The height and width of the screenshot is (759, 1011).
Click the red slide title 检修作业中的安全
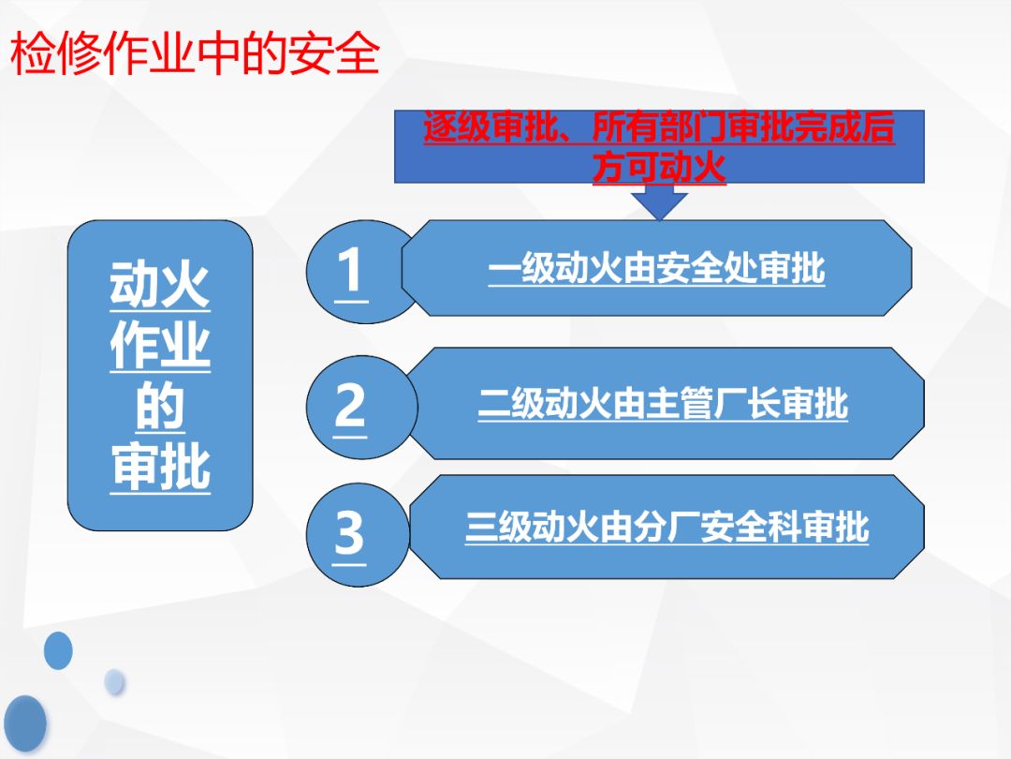195,54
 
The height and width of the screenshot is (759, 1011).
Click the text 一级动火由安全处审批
656,268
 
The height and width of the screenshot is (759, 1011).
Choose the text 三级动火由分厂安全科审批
667,528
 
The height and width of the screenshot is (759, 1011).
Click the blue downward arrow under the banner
659,201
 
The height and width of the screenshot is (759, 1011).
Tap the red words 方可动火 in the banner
660,167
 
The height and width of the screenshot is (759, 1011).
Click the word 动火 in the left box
160,285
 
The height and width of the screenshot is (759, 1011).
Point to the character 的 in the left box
160,407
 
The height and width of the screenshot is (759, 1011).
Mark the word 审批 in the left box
160,468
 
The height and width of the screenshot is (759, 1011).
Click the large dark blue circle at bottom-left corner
24,723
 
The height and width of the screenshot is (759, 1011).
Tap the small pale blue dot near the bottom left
114,682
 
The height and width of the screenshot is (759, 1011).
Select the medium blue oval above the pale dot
58,650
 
